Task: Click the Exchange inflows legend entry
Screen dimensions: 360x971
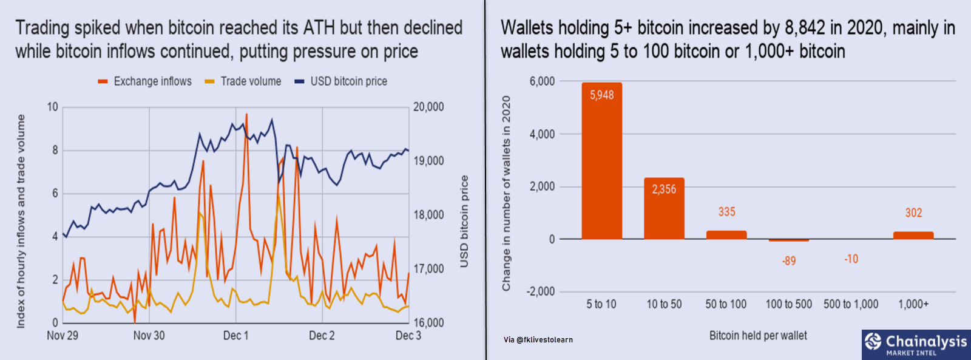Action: [x=152, y=81]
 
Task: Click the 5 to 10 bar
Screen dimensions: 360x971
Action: [x=601, y=164]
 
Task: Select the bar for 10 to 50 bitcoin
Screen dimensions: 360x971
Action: [x=664, y=209]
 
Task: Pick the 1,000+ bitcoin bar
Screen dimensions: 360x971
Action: [x=913, y=236]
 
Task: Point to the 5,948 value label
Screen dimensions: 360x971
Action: [x=601, y=95]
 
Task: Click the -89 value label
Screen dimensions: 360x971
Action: [x=788, y=261]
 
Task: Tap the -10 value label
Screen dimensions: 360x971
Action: [x=851, y=259]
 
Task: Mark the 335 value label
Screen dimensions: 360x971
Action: [x=726, y=212]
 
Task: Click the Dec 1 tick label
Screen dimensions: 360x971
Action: [x=235, y=336]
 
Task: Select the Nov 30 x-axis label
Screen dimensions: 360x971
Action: [x=149, y=336]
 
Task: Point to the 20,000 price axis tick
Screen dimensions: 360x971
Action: [x=428, y=107]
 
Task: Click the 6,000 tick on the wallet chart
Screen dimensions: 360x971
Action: [x=542, y=81]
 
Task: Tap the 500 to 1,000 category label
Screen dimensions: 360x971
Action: [x=851, y=304]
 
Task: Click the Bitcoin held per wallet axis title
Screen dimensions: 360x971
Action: [x=758, y=336]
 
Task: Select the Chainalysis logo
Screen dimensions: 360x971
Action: [x=916, y=344]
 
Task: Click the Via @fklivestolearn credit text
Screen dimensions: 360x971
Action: [x=538, y=340]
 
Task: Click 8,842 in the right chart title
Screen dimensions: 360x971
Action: [x=805, y=28]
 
